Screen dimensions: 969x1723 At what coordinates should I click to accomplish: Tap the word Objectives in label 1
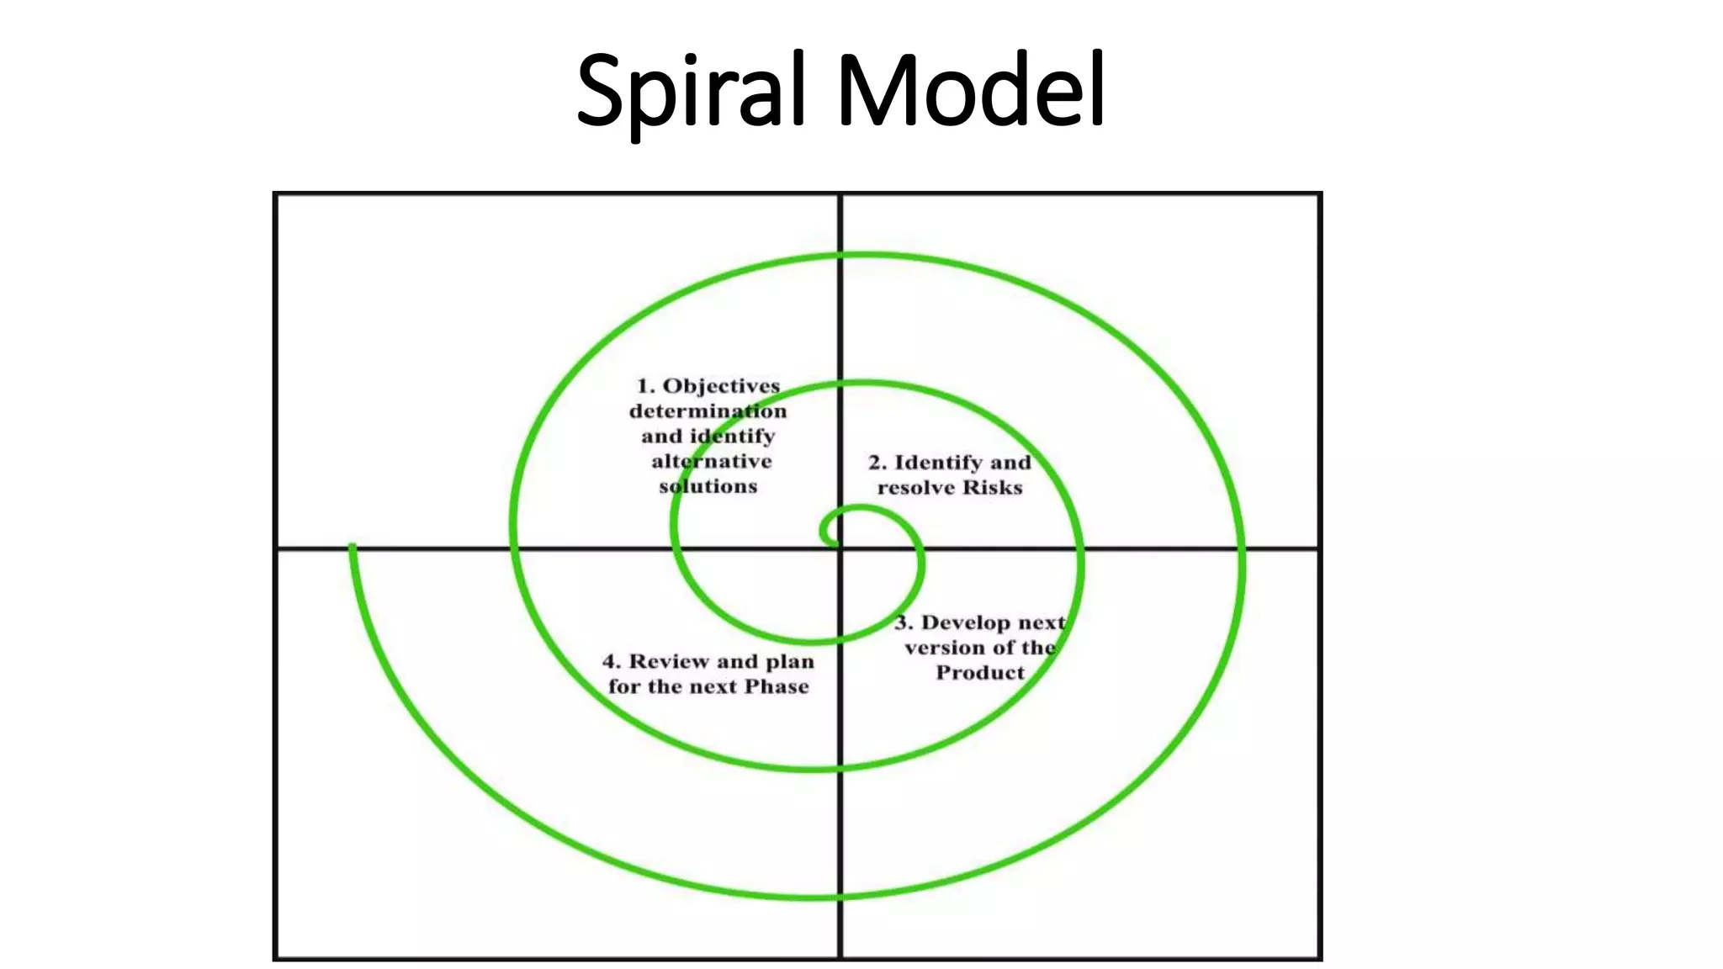(721, 386)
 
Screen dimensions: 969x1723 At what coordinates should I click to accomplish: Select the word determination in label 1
(708, 411)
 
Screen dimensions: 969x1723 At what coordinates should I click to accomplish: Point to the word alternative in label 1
(711, 461)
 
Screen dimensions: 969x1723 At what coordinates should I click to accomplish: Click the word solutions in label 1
(708, 486)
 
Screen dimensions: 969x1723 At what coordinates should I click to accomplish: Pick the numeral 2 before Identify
(876, 463)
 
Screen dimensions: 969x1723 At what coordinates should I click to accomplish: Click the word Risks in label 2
(993, 488)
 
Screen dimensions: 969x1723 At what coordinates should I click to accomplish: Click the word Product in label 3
(980, 673)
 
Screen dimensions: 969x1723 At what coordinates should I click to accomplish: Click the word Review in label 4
(669, 662)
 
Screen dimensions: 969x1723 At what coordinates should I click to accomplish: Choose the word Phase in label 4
(777, 687)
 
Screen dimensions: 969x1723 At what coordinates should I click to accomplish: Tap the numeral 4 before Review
(610, 662)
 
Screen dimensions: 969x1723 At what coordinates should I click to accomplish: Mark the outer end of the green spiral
(353, 548)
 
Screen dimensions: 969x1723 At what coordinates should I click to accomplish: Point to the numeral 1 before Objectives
(644, 386)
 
